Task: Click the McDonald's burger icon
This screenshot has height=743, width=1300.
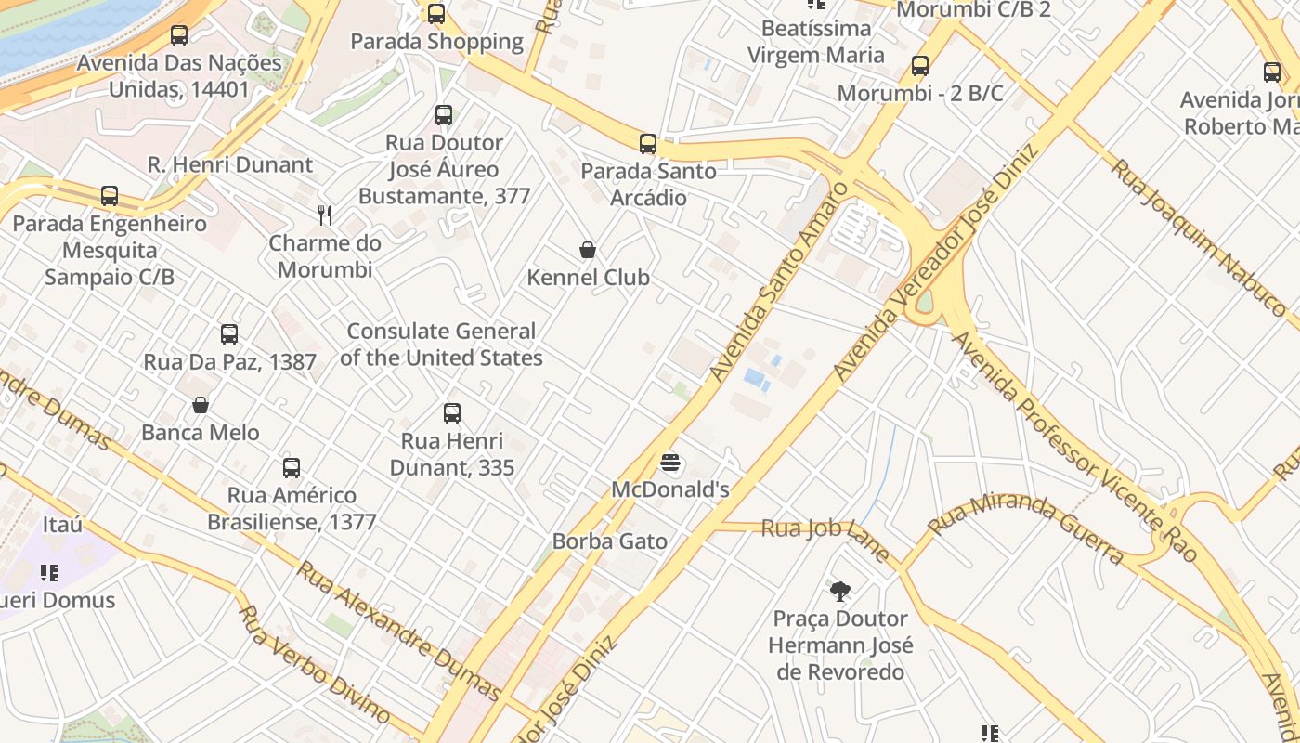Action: tap(670, 463)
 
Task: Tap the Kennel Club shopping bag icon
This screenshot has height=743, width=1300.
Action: tap(588, 250)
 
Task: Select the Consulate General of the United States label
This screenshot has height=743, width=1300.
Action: tap(441, 345)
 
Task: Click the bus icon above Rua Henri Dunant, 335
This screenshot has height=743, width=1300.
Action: tap(452, 413)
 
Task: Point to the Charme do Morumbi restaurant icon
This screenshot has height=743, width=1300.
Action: tap(325, 215)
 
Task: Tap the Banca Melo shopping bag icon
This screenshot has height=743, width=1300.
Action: tap(201, 405)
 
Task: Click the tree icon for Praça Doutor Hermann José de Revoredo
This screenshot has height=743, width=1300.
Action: tap(840, 591)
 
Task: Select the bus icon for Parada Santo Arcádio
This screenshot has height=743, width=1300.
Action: tap(648, 144)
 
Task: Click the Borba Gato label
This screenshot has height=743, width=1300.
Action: tap(609, 541)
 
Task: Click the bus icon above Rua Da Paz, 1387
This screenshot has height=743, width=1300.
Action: tap(229, 334)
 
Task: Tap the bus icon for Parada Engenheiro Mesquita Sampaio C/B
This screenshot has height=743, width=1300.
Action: tap(110, 196)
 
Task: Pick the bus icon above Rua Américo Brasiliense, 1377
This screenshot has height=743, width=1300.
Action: tap(292, 468)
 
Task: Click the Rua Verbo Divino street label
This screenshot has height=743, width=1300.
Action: tap(314, 663)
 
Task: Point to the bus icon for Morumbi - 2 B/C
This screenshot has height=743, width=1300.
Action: tap(920, 66)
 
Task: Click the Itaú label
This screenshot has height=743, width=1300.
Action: tap(62, 525)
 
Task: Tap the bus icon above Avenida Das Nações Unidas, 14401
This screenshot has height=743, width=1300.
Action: tap(179, 35)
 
